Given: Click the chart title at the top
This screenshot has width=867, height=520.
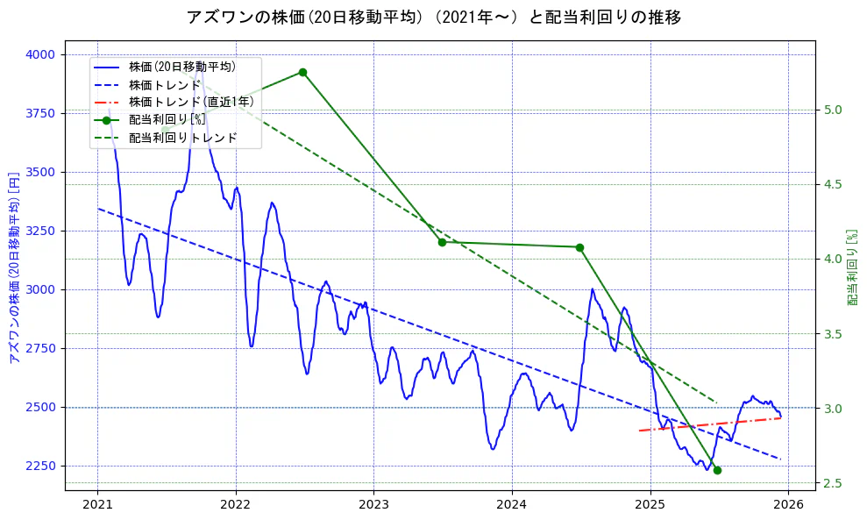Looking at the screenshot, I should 433,17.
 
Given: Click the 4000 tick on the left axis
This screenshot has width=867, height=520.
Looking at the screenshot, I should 40,54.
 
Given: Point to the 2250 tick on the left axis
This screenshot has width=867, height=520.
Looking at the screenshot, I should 40,466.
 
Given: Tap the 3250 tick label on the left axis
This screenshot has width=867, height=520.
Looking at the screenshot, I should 40,231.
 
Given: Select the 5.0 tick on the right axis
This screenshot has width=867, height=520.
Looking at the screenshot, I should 833,110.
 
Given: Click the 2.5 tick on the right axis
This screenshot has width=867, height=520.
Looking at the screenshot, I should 833,483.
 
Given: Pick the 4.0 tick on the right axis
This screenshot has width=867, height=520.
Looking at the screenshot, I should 833,259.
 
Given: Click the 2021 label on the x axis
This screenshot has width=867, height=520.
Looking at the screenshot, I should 97,504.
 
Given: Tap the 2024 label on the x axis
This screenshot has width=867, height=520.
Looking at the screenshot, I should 512,504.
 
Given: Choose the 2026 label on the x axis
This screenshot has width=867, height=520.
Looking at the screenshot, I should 788,504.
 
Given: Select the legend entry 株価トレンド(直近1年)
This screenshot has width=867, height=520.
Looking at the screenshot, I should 190,102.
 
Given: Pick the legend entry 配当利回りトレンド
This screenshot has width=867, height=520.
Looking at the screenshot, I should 182,138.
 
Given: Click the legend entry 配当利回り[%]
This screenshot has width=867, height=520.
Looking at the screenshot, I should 167,120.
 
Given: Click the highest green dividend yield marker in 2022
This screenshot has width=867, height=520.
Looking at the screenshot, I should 302,72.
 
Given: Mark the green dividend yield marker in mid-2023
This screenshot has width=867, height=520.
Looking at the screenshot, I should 442,242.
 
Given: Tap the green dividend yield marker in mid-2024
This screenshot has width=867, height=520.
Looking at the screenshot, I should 579,247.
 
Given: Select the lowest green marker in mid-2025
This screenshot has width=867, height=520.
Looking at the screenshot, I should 717,470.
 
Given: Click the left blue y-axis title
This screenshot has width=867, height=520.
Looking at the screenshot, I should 13,267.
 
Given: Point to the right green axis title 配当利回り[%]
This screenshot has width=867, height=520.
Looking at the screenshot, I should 852,267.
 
